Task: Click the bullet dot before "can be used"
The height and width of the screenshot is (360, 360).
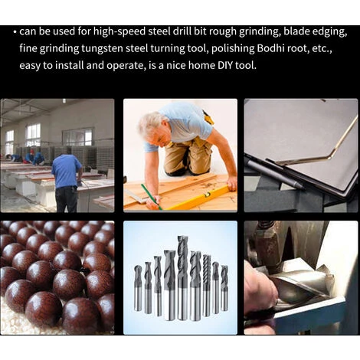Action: coord(15,32)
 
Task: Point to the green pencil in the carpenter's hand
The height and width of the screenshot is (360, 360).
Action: coord(151,197)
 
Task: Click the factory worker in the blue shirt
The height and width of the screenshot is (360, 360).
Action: coord(67,183)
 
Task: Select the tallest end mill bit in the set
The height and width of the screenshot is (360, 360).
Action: coord(182,278)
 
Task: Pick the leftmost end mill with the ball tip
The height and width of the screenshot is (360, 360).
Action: coord(138,288)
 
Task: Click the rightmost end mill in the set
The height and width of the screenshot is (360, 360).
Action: coord(224,288)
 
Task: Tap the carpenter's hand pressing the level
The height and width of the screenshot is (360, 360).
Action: coord(232,184)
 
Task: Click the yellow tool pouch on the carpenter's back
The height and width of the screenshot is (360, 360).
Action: coord(208,118)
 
